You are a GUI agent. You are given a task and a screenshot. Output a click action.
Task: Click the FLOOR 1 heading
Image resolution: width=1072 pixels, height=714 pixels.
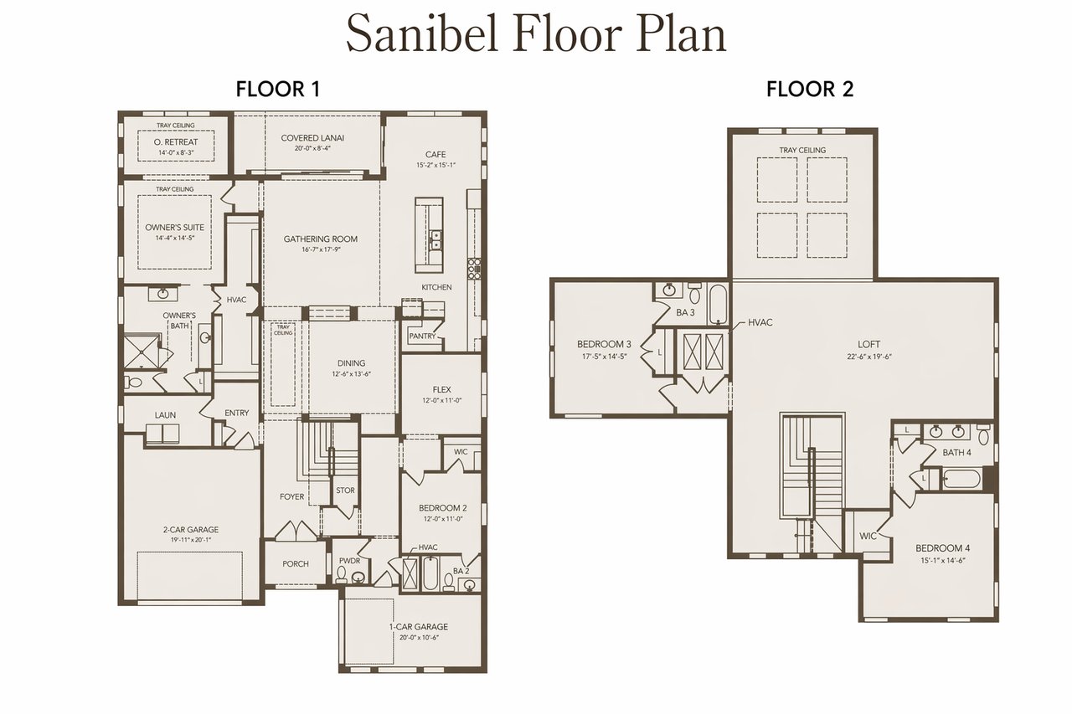[x=277, y=90]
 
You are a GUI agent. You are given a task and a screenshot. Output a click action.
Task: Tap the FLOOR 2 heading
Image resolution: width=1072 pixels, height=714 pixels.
[x=810, y=90]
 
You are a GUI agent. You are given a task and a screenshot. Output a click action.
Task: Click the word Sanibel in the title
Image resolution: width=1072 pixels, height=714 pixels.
[x=423, y=34]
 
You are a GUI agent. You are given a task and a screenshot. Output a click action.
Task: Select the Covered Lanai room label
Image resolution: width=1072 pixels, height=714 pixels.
[x=312, y=138]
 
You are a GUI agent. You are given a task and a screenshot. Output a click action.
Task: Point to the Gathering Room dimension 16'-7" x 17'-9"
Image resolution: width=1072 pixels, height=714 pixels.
[x=321, y=249]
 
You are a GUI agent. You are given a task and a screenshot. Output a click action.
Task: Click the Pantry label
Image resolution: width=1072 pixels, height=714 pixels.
[x=422, y=336]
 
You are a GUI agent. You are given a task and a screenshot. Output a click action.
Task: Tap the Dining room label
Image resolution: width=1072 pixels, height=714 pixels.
[x=351, y=363]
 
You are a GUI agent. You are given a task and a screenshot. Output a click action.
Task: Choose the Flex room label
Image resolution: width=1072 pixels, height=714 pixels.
[x=441, y=390]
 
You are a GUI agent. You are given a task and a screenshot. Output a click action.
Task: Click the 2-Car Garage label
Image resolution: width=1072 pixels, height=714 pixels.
[x=191, y=529]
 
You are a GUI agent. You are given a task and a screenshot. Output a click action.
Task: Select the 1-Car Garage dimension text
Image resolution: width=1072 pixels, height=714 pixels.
[x=419, y=637]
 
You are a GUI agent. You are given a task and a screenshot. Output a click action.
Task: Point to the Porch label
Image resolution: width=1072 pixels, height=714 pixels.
[x=296, y=564]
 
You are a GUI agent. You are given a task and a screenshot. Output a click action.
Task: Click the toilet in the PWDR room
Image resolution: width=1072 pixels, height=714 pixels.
[x=342, y=574]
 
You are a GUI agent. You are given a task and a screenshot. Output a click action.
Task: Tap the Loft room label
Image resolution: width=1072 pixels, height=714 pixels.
[x=868, y=344]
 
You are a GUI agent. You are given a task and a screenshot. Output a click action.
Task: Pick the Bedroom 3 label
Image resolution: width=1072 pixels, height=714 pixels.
[x=604, y=344]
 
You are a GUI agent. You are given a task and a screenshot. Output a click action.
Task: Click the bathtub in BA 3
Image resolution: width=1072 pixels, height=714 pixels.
[x=718, y=304]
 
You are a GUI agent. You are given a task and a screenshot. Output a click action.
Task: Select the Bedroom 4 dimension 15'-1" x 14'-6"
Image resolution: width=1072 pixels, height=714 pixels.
[x=942, y=560]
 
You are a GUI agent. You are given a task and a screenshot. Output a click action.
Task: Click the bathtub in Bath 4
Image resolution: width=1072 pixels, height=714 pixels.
[x=961, y=478]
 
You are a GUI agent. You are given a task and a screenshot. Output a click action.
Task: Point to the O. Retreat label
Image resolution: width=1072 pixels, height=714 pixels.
[x=176, y=142]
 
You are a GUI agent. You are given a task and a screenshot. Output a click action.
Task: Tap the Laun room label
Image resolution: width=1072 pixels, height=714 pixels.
[x=165, y=415]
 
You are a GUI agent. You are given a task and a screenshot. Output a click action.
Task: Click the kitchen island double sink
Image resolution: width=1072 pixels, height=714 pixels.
[x=435, y=240]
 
